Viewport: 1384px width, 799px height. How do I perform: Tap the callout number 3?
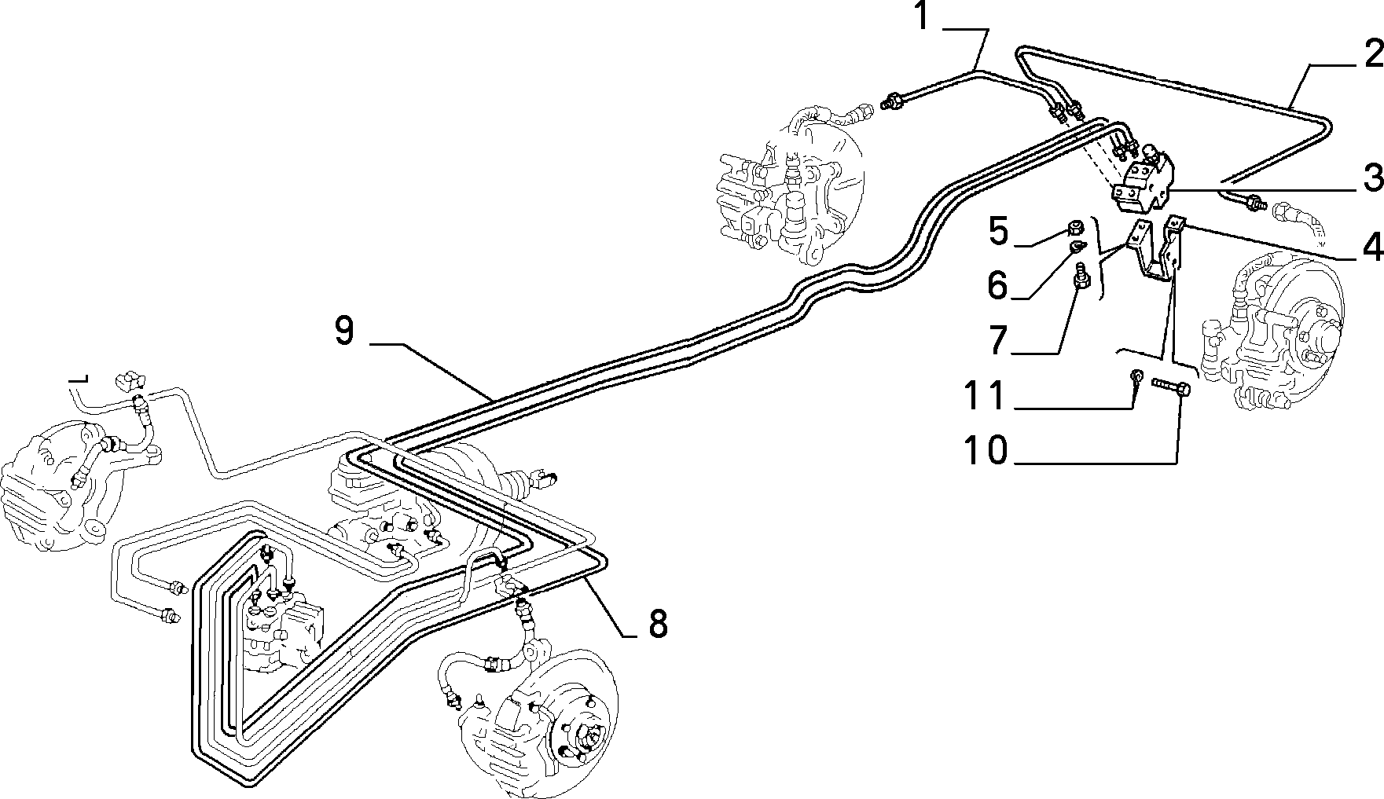tap(1372, 178)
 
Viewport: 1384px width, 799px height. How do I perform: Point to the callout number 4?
tap(1372, 247)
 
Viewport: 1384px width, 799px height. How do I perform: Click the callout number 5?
tap(998, 233)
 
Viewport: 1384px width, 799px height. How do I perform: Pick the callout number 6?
tap(998, 286)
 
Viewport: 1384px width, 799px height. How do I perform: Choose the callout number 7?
tap(998, 340)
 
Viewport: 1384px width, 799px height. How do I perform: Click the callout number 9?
tap(344, 331)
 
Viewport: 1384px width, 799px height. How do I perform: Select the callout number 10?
tap(986, 451)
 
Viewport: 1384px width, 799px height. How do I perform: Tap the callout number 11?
tap(986, 395)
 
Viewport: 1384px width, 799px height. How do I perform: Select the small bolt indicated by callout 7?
tap(1080, 277)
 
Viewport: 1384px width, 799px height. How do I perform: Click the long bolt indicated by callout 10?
tap(1172, 387)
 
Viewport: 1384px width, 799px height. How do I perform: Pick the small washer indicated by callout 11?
tap(1136, 377)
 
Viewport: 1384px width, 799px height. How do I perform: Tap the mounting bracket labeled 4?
tap(1155, 251)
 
